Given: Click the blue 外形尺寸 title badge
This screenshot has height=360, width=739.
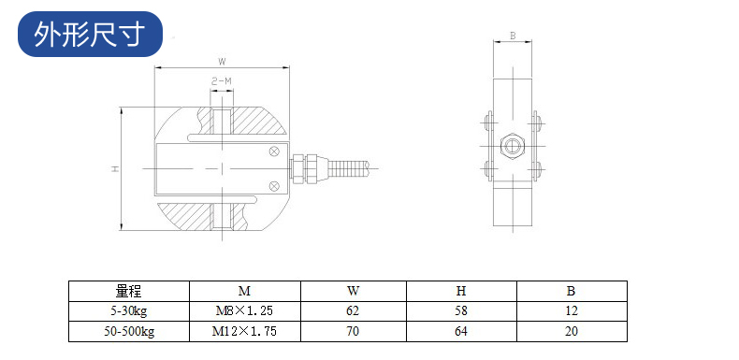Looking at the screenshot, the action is tap(90, 34).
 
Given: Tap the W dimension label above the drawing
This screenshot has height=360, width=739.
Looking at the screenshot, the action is tap(222, 62).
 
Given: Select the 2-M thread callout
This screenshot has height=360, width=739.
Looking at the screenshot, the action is tap(222, 81).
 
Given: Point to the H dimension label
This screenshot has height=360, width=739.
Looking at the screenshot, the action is tap(114, 168).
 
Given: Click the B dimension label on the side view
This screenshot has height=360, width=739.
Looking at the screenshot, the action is tap(513, 36).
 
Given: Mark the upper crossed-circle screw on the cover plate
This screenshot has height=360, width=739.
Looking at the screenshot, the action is tap(274, 151).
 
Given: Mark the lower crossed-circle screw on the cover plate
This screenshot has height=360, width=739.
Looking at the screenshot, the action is tap(274, 186).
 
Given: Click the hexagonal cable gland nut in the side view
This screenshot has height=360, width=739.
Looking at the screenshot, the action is tap(513, 146).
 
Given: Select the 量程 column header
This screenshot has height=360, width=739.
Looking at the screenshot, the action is tap(128, 291).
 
